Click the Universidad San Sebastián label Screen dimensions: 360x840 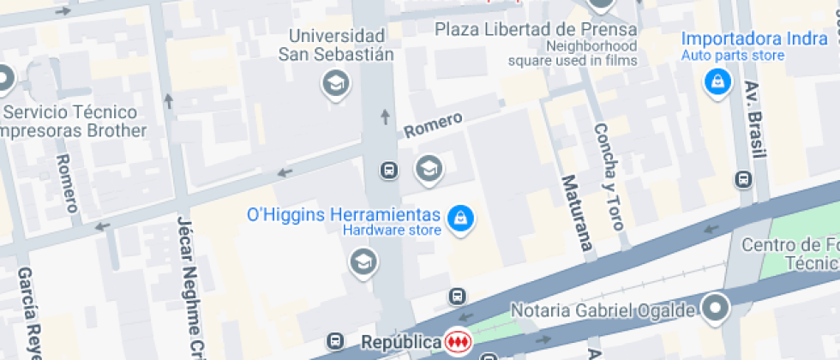335,45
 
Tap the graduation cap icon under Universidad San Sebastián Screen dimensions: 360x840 335,83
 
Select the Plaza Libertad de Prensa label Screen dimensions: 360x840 536,29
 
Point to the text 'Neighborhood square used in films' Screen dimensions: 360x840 573,53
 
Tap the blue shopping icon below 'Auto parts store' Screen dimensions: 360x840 716,82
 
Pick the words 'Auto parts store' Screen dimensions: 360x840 733,56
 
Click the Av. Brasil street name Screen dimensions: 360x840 754,119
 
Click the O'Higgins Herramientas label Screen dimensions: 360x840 343,215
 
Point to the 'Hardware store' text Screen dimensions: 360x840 392,230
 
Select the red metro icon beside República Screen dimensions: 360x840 459,342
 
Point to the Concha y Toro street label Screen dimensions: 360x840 608,176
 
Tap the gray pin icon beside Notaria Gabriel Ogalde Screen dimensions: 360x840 715,306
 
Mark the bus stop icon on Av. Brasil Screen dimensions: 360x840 743,180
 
